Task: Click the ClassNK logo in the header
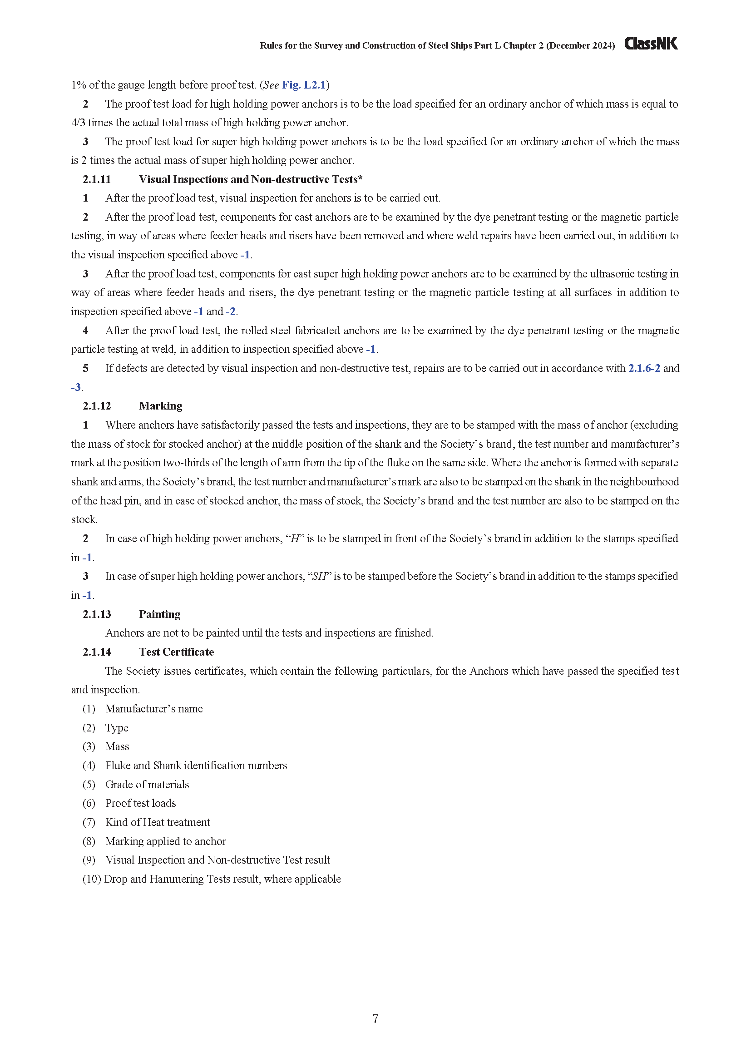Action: pos(651,44)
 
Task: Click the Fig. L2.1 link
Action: pos(304,85)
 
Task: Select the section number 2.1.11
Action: pos(97,179)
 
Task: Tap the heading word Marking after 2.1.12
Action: pos(160,406)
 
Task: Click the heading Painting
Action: pos(159,614)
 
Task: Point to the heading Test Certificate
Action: pos(176,652)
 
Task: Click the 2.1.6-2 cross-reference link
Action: pos(644,368)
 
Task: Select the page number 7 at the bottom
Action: pos(375,1018)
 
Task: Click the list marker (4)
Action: pos(89,766)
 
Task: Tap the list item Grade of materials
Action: pos(147,785)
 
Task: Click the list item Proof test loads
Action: pos(141,804)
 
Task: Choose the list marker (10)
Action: pos(92,879)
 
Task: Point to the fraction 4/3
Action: pos(78,123)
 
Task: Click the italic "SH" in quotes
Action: pos(320,576)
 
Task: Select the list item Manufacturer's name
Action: pos(154,709)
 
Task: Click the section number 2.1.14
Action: pos(97,652)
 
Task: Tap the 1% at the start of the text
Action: pos(78,85)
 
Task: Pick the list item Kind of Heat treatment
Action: pos(158,822)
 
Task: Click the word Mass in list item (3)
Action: pos(117,746)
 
